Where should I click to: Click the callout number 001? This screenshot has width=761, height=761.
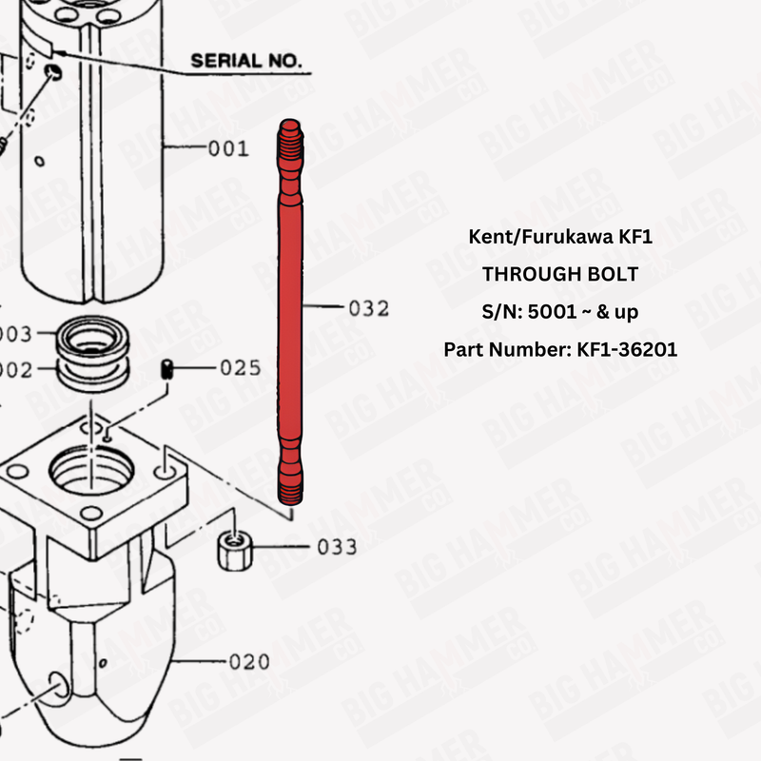[228, 148]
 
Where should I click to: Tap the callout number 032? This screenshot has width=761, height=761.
[369, 308]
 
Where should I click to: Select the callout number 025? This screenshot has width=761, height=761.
[240, 367]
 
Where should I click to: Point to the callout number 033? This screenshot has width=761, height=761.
[338, 547]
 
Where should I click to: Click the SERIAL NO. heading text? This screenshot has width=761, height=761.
[246, 61]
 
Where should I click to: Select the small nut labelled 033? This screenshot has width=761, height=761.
[233, 550]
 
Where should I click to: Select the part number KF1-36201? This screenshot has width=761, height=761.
[626, 349]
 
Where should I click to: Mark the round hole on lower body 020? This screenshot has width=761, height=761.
[57, 687]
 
